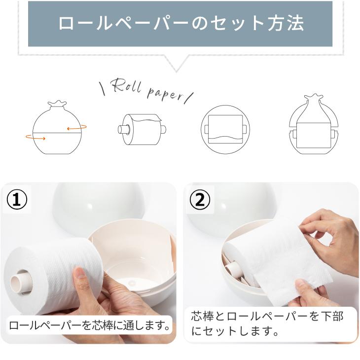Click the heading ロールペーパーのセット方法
pyautogui.click(x=180, y=23)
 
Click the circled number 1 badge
pyautogui.click(x=17, y=200)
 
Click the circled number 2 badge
pyautogui.click(x=199, y=200)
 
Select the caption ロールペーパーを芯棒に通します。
pyautogui.click(x=90, y=325)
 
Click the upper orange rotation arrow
pyautogui.click(x=74, y=128)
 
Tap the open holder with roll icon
pyautogui.click(x=314, y=127)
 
